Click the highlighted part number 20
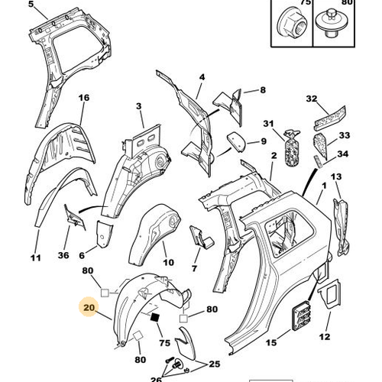pos(89,308)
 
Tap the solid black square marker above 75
pos(155,317)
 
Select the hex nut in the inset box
pos(292,24)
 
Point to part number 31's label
pos(268,124)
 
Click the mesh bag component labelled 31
pos(292,148)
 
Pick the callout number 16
pos(84,98)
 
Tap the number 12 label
pos(325,337)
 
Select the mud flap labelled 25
pos(185,344)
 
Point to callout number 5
pos(31,5)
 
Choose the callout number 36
pos(63,255)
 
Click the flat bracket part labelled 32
pos(330,118)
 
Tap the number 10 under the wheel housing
pos(168,262)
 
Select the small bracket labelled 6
pos(104,234)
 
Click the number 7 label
pos(194,268)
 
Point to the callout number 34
pos(342,154)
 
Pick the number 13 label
pos(336,176)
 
